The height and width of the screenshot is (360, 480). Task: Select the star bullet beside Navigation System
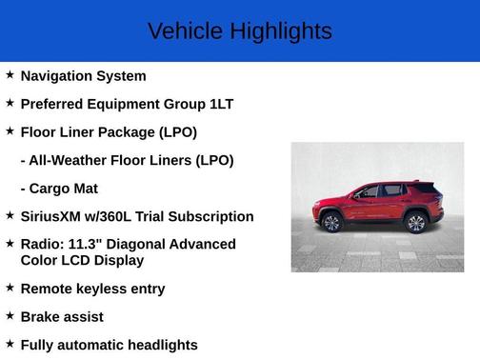pyautogui.click(x=10, y=74)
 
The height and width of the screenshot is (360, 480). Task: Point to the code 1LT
pyautogui.click(x=221, y=104)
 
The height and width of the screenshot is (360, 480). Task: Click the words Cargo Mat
pyautogui.click(x=64, y=189)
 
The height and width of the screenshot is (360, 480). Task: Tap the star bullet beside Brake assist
pyautogui.click(x=10, y=314)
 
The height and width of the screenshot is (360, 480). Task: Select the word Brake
pyautogui.click(x=41, y=316)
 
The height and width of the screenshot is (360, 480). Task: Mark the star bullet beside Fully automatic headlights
pyautogui.click(x=10, y=343)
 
